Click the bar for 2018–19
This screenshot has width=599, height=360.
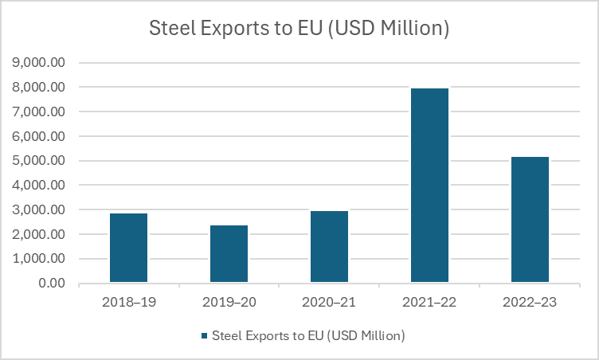pos(128,248)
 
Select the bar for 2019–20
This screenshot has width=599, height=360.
pos(229,254)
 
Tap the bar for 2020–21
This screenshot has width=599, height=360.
pos(329,247)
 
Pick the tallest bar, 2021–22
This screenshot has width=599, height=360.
pos(429,186)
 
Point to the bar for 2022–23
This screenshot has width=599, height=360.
pos(530,220)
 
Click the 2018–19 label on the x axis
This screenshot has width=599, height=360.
pos(128,303)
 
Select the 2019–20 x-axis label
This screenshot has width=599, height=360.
pos(229,303)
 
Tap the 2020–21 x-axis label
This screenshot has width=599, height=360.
pos(329,303)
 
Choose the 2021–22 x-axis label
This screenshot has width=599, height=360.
pos(429,303)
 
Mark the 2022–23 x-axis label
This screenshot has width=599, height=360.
pos(530,303)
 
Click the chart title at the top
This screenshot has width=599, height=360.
pos(299,29)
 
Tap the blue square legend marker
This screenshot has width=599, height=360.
pos(206,336)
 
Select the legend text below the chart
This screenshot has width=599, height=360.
pos(309,336)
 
